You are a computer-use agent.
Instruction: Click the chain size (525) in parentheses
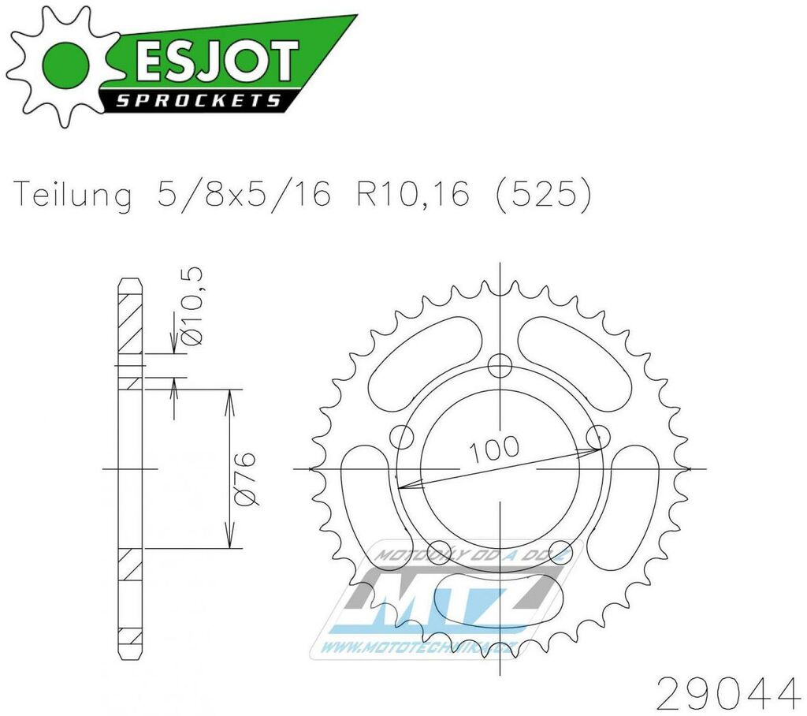click(544, 196)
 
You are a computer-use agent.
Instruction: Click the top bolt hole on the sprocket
click(499, 365)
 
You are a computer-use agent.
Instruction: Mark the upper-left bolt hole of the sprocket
click(402, 436)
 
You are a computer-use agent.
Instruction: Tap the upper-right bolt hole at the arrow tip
click(598, 436)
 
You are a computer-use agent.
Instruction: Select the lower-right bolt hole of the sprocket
click(560, 550)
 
